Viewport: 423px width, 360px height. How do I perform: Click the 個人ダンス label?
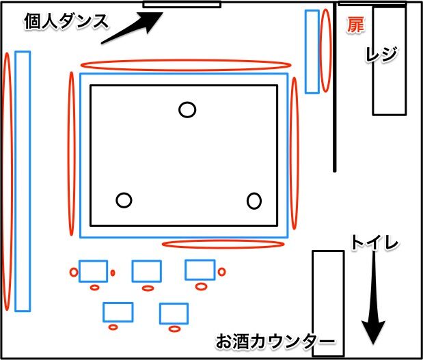coord(66,21)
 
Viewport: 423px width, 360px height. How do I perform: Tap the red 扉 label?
coord(355,25)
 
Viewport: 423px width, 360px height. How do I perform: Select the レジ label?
coord(381,55)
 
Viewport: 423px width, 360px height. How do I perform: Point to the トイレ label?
coord(374,242)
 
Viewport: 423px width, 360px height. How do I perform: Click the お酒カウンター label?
coord(275,342)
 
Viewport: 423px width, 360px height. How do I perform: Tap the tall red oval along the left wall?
coord(8,181)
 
